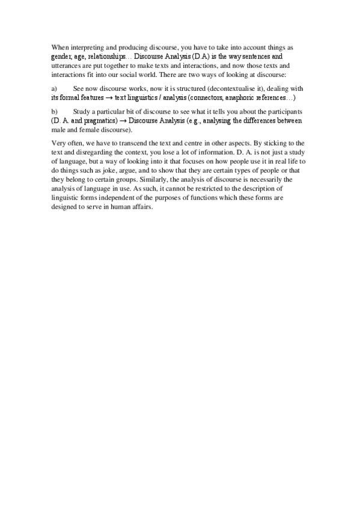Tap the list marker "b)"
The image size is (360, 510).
click(x=55, y=112)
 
